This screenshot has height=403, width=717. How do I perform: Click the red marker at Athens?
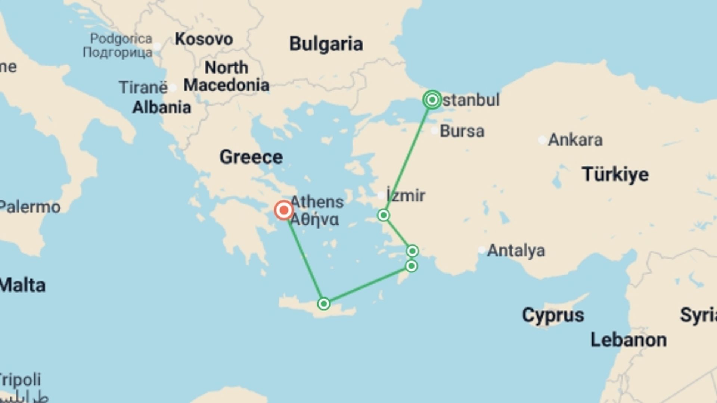(284, 210)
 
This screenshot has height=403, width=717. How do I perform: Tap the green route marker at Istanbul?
(432, 100)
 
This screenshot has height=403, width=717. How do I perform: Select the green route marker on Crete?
(324, 304)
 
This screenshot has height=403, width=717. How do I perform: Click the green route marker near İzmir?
(384, 215)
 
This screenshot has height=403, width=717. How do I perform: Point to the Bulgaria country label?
(326, 44)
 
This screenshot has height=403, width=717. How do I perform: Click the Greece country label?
(251, 157)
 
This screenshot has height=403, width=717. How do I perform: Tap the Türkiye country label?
(615, 174)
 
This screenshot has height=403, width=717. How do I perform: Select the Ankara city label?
(575, 140)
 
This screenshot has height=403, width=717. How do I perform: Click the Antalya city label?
(516, 250)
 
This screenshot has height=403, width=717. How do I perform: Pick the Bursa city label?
(462, 131)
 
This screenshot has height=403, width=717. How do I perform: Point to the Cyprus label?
(553, 315)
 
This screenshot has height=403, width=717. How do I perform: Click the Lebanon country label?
(628, 340)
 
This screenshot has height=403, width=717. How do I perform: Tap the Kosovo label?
(204, 39)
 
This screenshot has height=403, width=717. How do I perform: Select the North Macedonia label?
(226, 76)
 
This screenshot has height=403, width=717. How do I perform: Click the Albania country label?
(162, 107)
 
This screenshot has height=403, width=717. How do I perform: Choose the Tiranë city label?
(143, 87)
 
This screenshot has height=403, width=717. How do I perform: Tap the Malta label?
(22, 285)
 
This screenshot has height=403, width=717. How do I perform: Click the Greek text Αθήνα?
(314, 219)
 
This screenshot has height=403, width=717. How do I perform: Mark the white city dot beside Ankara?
(542, 140)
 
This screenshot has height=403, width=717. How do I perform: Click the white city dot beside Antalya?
(482, 250)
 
